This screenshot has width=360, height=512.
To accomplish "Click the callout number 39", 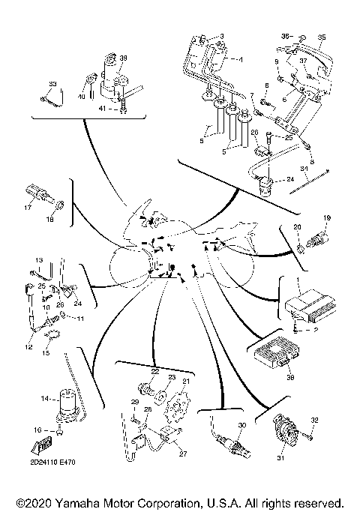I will click(124, 58).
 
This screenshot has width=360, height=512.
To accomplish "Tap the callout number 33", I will click(52, 82).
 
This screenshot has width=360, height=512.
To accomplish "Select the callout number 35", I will click(322, 37).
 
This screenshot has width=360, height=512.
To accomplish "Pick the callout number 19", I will click(326, 218).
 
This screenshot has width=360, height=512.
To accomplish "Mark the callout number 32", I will click(315, 419).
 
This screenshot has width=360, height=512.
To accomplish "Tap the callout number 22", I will click(154, 372).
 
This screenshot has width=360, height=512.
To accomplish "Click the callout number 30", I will click(241, 425).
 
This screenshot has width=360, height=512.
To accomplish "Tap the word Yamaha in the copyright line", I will click(85, 502).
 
